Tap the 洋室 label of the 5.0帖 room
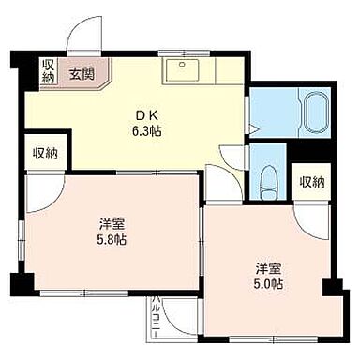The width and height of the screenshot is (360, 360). click(x=266, y=266)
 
